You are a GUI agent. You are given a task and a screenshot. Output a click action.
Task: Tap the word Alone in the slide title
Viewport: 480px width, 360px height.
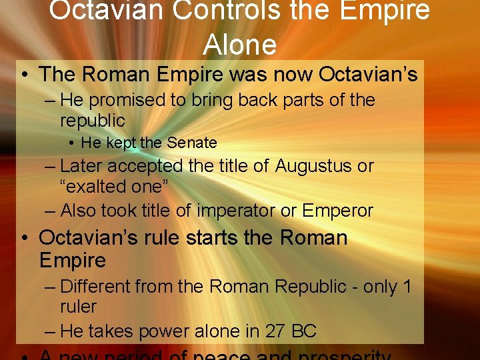point(239,44)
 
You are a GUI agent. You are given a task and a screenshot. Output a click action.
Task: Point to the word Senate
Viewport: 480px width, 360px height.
point(192,143)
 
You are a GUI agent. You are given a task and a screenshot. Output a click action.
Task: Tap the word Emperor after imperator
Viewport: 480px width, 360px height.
point(337,211)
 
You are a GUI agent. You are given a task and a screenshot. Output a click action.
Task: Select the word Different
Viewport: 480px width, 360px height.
point(95,287)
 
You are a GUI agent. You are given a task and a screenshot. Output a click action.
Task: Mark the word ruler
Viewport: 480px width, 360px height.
point(78,307)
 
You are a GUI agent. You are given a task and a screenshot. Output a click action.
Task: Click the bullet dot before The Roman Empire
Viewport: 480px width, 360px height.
point(25,75)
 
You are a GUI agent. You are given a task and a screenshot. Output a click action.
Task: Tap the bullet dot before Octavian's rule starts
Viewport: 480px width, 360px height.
point(25,238)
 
